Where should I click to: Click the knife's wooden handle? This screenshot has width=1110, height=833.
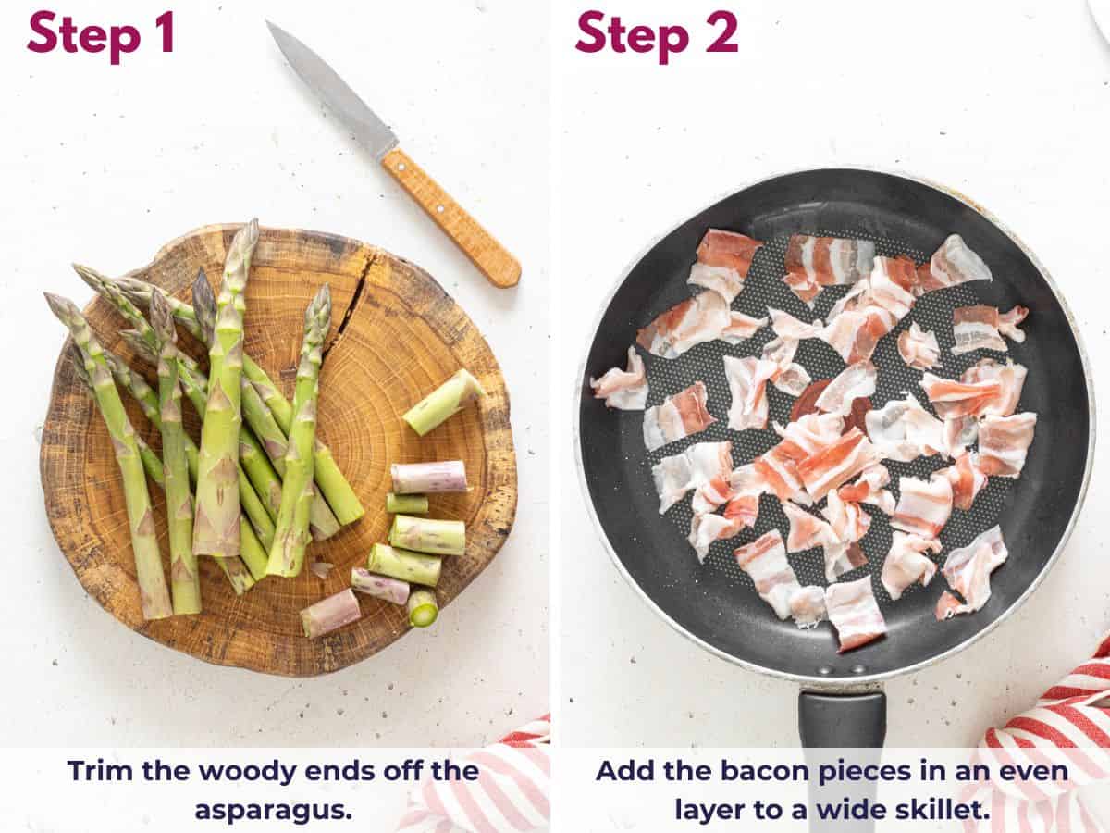[x=450, y=218]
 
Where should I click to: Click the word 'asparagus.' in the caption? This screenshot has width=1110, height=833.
[x=274, y=808]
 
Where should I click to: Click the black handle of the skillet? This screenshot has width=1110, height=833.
[x=842, y=731]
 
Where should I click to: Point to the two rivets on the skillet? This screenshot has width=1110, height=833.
[x=841, y=668]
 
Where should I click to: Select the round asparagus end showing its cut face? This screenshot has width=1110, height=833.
[x=423, y=607]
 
